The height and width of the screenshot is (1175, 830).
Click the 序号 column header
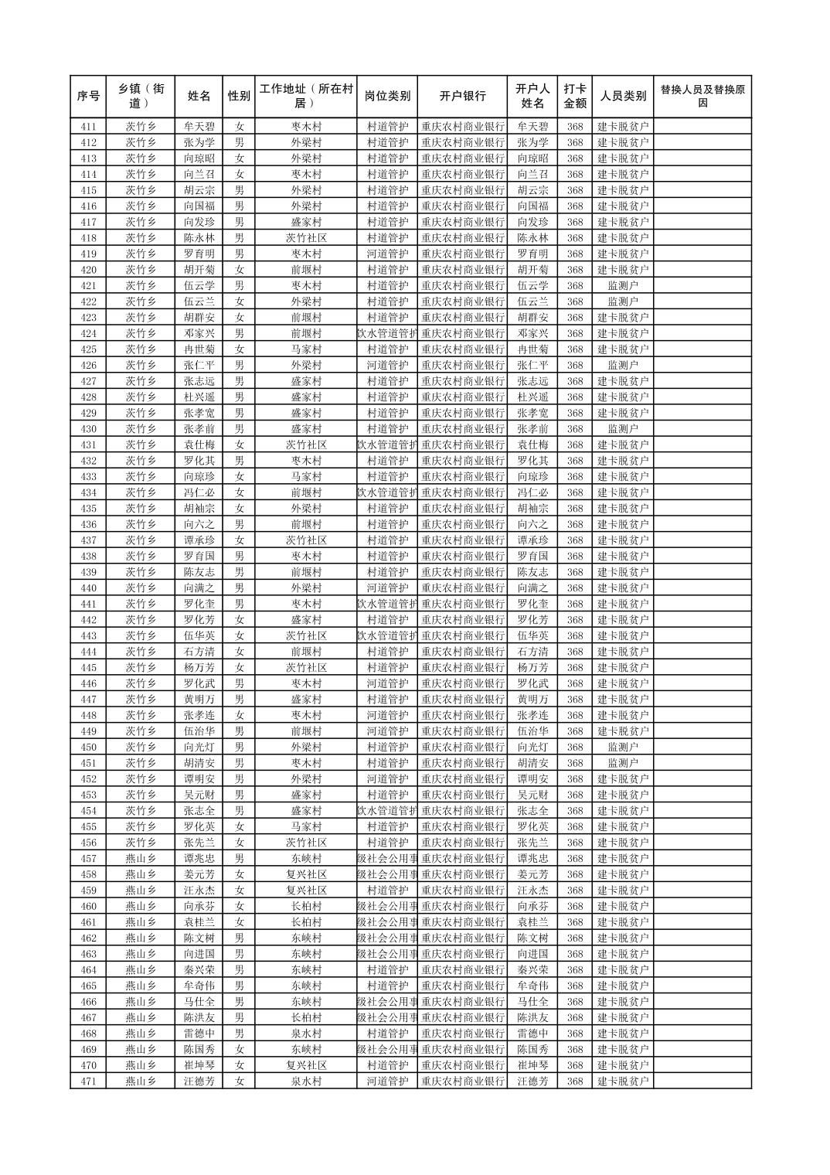(88, 97)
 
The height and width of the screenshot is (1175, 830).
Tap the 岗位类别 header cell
(387, 97)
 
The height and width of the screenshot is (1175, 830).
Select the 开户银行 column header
(463, 97)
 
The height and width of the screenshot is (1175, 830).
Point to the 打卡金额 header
(574, 97)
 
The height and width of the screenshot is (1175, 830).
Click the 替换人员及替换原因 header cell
(702, 97)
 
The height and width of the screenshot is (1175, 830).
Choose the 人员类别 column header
(623, 97)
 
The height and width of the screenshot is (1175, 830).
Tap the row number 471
(88, 1081)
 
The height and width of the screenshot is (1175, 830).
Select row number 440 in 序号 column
(88, 588)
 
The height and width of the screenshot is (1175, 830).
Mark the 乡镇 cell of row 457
(141, 859)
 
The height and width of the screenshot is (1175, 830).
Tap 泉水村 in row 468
(306, 1034)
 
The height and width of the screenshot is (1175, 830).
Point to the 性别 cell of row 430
(240, 429)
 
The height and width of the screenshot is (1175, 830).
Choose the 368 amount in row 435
(574, 509)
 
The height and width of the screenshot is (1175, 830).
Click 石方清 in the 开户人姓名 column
(532, 652)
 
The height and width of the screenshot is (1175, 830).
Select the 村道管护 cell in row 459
(387, 891)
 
